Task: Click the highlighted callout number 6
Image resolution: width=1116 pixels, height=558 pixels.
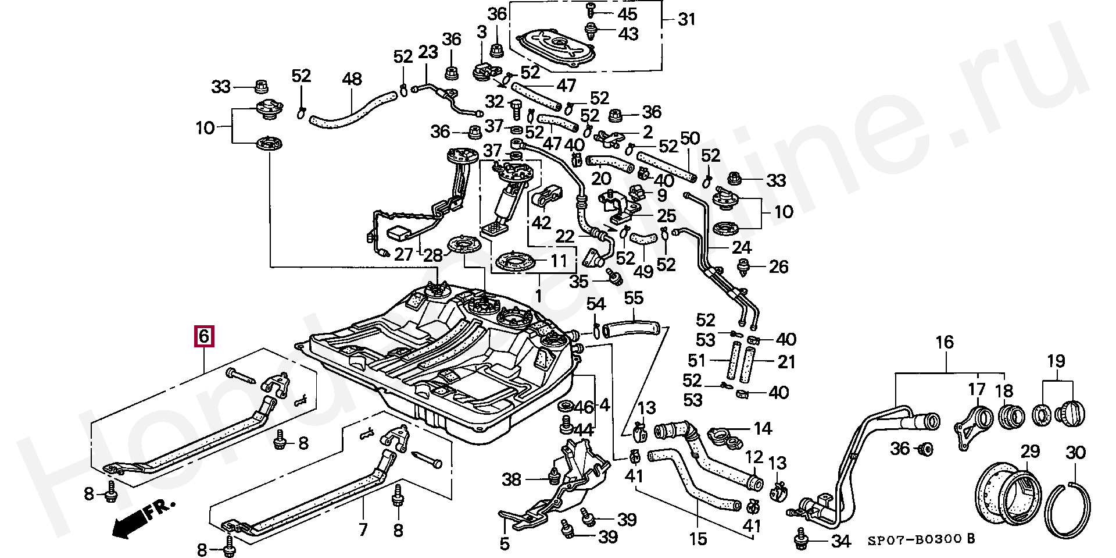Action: point(203,336)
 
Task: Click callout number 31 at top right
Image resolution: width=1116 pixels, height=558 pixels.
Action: point(686,20)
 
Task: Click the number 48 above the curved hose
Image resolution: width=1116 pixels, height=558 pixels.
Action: point(352,80)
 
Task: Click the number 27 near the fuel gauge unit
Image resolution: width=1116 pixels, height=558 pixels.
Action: point(403,255)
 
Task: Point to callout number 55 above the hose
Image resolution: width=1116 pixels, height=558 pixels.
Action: point(634,299)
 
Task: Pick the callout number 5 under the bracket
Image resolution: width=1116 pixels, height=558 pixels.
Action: point(504,544)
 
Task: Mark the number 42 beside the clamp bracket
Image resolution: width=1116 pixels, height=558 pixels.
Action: point(541,223)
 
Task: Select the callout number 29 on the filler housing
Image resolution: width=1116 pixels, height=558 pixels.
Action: point(1030,451)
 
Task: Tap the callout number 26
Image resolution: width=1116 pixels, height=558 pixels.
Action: point(778,267)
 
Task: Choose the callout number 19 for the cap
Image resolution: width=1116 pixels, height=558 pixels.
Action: point(1056,361)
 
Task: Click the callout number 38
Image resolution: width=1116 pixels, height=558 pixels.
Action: point(512,479)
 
